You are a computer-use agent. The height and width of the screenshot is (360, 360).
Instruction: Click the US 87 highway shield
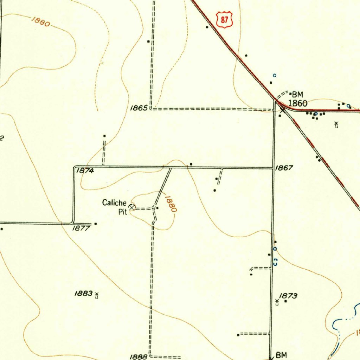click(x=225, y=20)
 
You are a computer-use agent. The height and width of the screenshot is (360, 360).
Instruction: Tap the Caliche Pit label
click(x=115, y=207)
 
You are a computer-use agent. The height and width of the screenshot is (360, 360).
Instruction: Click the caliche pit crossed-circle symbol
click(x=132, y=207)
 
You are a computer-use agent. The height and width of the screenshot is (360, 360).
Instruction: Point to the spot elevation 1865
click(x=139, y=108)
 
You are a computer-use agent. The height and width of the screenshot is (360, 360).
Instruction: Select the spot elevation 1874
click(x=85, y=171)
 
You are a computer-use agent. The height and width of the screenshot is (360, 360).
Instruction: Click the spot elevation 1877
click(x=81, y=228)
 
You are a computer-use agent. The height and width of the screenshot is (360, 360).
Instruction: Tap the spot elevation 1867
click(x=284, y=168)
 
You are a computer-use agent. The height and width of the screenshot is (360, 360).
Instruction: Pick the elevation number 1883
click(x=83, y=293)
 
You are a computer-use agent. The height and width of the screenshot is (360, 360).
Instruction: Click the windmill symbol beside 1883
click(x=97, y=295)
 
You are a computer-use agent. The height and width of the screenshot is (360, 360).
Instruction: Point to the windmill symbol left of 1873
click(x=277, y=302)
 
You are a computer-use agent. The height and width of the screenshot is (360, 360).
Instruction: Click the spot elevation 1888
click(x=138, y=357)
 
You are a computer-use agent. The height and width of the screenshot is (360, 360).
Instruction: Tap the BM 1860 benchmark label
click(x=297, y=99)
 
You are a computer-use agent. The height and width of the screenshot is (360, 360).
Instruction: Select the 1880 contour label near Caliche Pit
click(x=171, y=204)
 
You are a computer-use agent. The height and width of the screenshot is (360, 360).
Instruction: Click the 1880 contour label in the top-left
click(x=40, y=21)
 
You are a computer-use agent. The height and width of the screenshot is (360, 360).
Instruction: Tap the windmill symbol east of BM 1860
click(x=336, y=124)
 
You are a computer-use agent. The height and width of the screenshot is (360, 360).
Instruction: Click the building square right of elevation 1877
click(x=96, y=224)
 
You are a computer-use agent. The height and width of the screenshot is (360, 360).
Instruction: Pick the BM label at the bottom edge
click(x=282, y=355)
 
